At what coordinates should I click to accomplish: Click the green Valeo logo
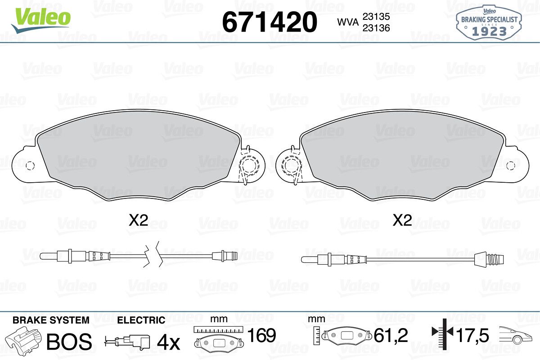(x=41, y=20)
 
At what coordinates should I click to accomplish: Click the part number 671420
(x=270, y=22)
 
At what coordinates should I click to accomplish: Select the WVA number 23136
(x=376, y=28)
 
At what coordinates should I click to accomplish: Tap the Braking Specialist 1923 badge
(x=489, y=23)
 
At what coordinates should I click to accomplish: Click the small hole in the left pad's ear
(x=30, y=166)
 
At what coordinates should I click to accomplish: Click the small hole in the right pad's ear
(x=511, y=166)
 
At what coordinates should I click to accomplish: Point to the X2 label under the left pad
(x=139, y=220)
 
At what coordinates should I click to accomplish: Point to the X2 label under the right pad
(x=402, y=220)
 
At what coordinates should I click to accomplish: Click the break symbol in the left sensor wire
(x=151, y=254)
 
